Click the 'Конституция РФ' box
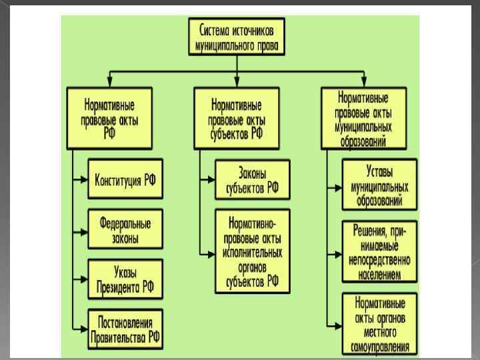click(x=125, y=180)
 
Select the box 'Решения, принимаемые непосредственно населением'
click(x=379, y=247)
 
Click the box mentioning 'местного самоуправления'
click(x=379, y=323)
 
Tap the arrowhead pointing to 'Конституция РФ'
click(x=85, y=180)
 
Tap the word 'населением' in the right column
click(x=379, y=273)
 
